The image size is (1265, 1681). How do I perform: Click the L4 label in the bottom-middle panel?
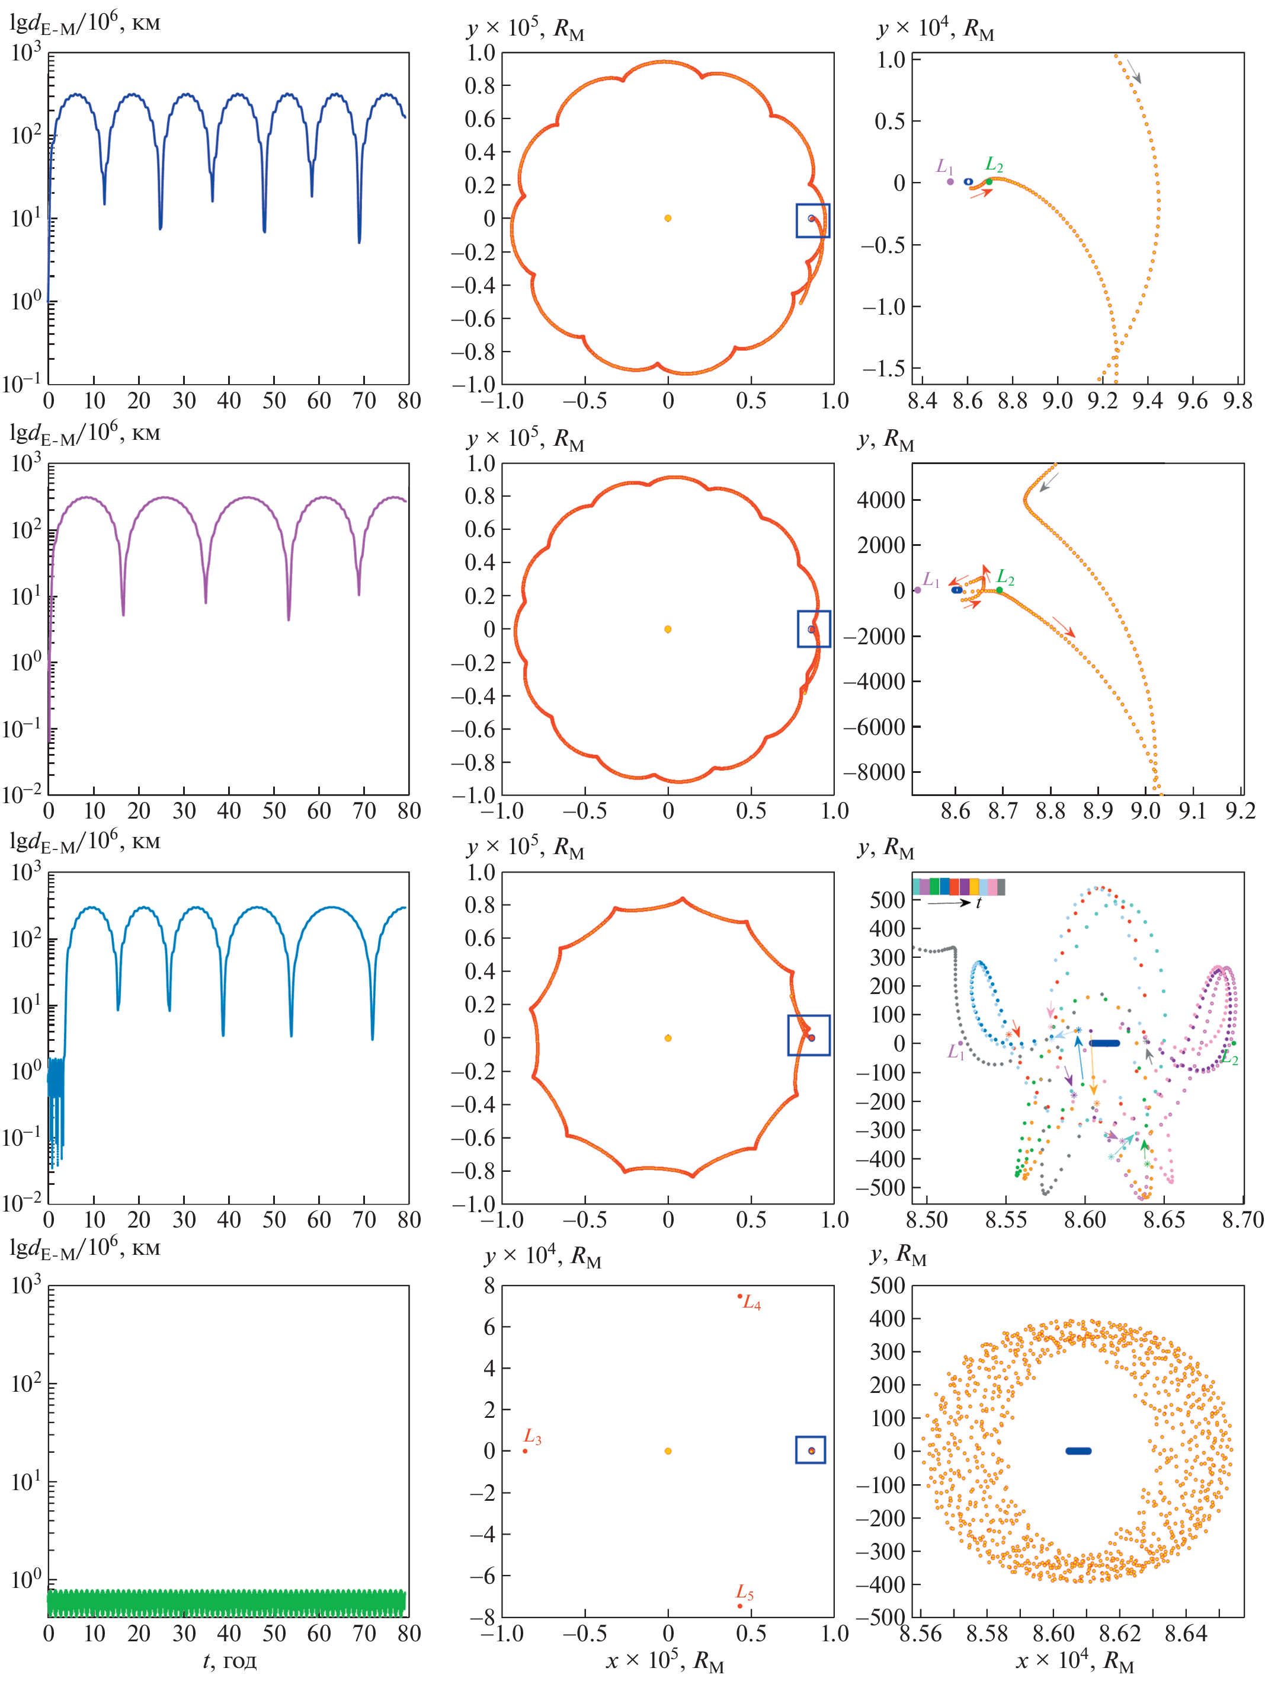pos(751,1303)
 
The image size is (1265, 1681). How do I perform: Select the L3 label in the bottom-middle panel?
pos(533,1439)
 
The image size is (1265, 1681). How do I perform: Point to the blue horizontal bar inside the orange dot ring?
pos(1078,1451)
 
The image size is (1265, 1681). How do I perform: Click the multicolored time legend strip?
pos(959,887)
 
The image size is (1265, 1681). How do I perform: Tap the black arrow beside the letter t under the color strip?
pos(949,903)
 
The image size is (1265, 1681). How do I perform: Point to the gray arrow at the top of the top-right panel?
pos(1133,72)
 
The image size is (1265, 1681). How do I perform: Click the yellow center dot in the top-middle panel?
pos(668,218)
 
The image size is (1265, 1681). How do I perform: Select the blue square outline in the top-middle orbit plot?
pos(813,220)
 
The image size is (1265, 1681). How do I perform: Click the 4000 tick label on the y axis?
pos(881,500)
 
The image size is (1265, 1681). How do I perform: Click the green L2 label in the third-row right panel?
pos(1229,1059)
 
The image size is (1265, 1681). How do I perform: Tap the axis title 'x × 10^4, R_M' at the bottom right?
pos(1075,1662)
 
